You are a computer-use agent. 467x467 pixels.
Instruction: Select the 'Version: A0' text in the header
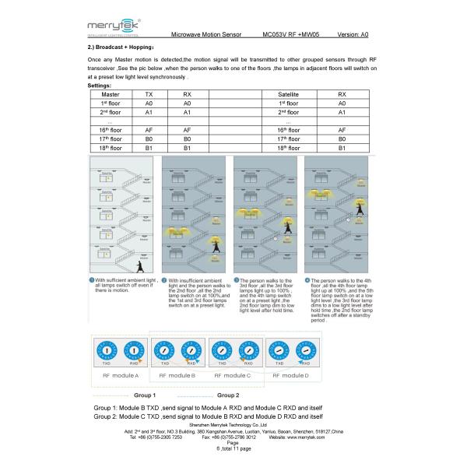point(353,35)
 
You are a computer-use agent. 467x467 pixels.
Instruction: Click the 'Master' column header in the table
point(110,94)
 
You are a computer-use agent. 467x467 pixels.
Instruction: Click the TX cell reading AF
point(149,130)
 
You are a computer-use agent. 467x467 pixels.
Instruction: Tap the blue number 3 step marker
point(237,280)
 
